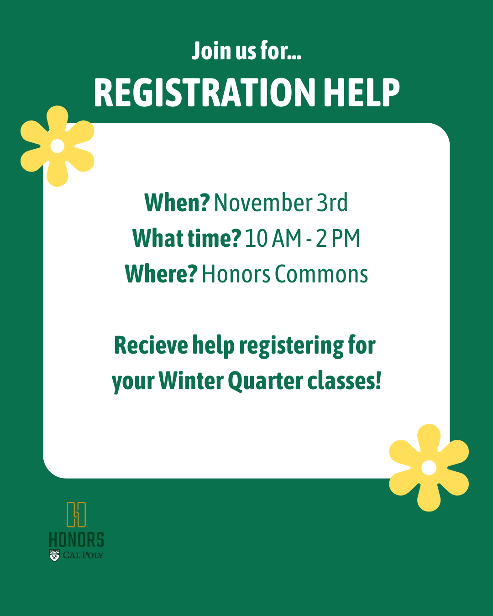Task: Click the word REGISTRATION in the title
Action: tap(205, 93)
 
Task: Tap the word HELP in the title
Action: tap(362, 93)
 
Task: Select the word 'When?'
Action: tap(177, 203)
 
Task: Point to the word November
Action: tap(263, 203)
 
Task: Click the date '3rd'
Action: tap(332, 203)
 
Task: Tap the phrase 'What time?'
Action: tap(187, 238)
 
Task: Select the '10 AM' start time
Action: tap(273, 238)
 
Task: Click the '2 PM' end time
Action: tap(338, 238)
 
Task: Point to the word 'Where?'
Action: tap(161, 274)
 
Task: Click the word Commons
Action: tap(321, 274)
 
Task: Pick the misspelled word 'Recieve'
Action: tap(151, 345)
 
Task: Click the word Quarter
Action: tap(266, 381)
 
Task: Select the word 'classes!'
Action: tap(344, 381)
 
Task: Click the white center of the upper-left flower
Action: tap(58, 146)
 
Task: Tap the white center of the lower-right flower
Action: tap(429, 468)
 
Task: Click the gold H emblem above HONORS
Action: tap(76, 514)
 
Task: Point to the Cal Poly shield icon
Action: tap(54, 555)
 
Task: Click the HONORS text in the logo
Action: tap(77, 540)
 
